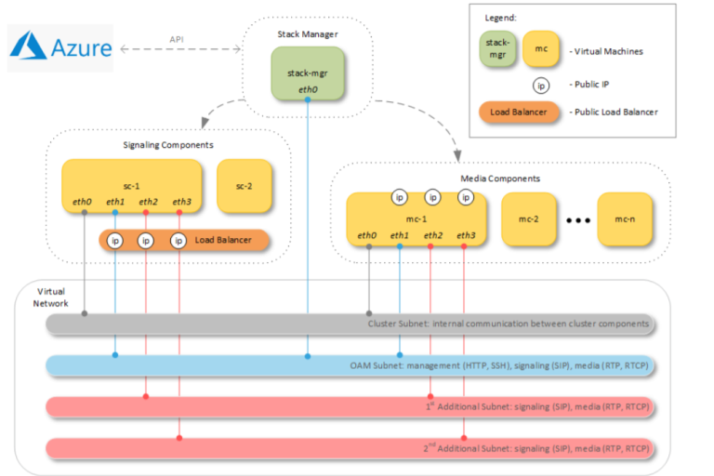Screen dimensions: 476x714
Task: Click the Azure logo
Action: click(x=61, y=47)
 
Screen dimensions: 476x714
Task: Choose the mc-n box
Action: click(x=625, y=219)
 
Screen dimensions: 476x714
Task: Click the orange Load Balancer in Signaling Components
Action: click(x=184, y=241)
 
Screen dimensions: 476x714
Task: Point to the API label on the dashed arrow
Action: click(x=177, y=39)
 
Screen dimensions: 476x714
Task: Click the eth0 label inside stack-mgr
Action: click(x=308, y=89)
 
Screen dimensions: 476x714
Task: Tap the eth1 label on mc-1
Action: click(x=400, y=235)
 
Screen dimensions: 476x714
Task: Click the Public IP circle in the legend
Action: click(x=540, y=85)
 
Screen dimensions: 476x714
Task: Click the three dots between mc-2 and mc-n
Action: click(x=578, y=221)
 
